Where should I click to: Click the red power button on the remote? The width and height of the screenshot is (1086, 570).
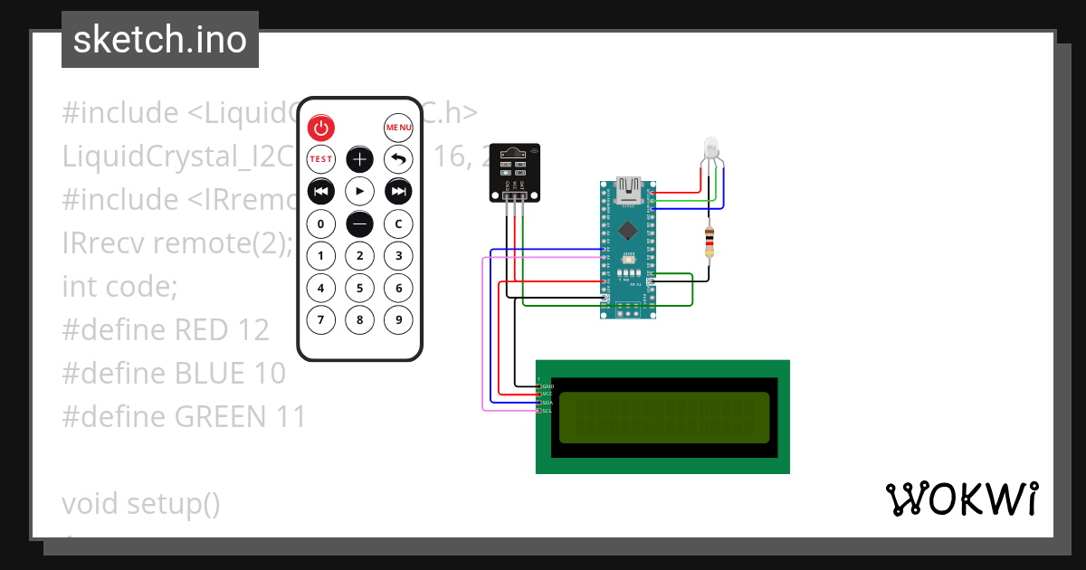pos(321,128)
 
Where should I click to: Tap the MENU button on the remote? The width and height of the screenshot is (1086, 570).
pos(398,128)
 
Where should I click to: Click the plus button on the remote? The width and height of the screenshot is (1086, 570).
pos(360,159)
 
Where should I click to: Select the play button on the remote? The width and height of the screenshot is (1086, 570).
pos(360,191)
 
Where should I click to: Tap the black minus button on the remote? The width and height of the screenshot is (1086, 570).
pos(360,223)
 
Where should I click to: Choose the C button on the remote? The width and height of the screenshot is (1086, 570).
pos(398,223)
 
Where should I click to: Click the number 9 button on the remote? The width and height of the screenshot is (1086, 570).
pos(398,319)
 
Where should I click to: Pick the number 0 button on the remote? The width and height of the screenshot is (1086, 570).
pos(321,223)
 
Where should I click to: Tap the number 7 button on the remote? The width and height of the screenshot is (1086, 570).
pos(321,319)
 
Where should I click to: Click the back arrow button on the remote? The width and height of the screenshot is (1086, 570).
pos(398,159)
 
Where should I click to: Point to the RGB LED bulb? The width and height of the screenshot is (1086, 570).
pos(711,149)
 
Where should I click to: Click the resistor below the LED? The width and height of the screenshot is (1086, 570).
pos(710,242)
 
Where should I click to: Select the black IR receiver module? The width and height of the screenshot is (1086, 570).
pos(513,172)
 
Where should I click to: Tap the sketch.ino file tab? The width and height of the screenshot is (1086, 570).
pos(160,40)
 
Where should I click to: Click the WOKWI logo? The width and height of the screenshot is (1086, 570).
pos(961,499)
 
